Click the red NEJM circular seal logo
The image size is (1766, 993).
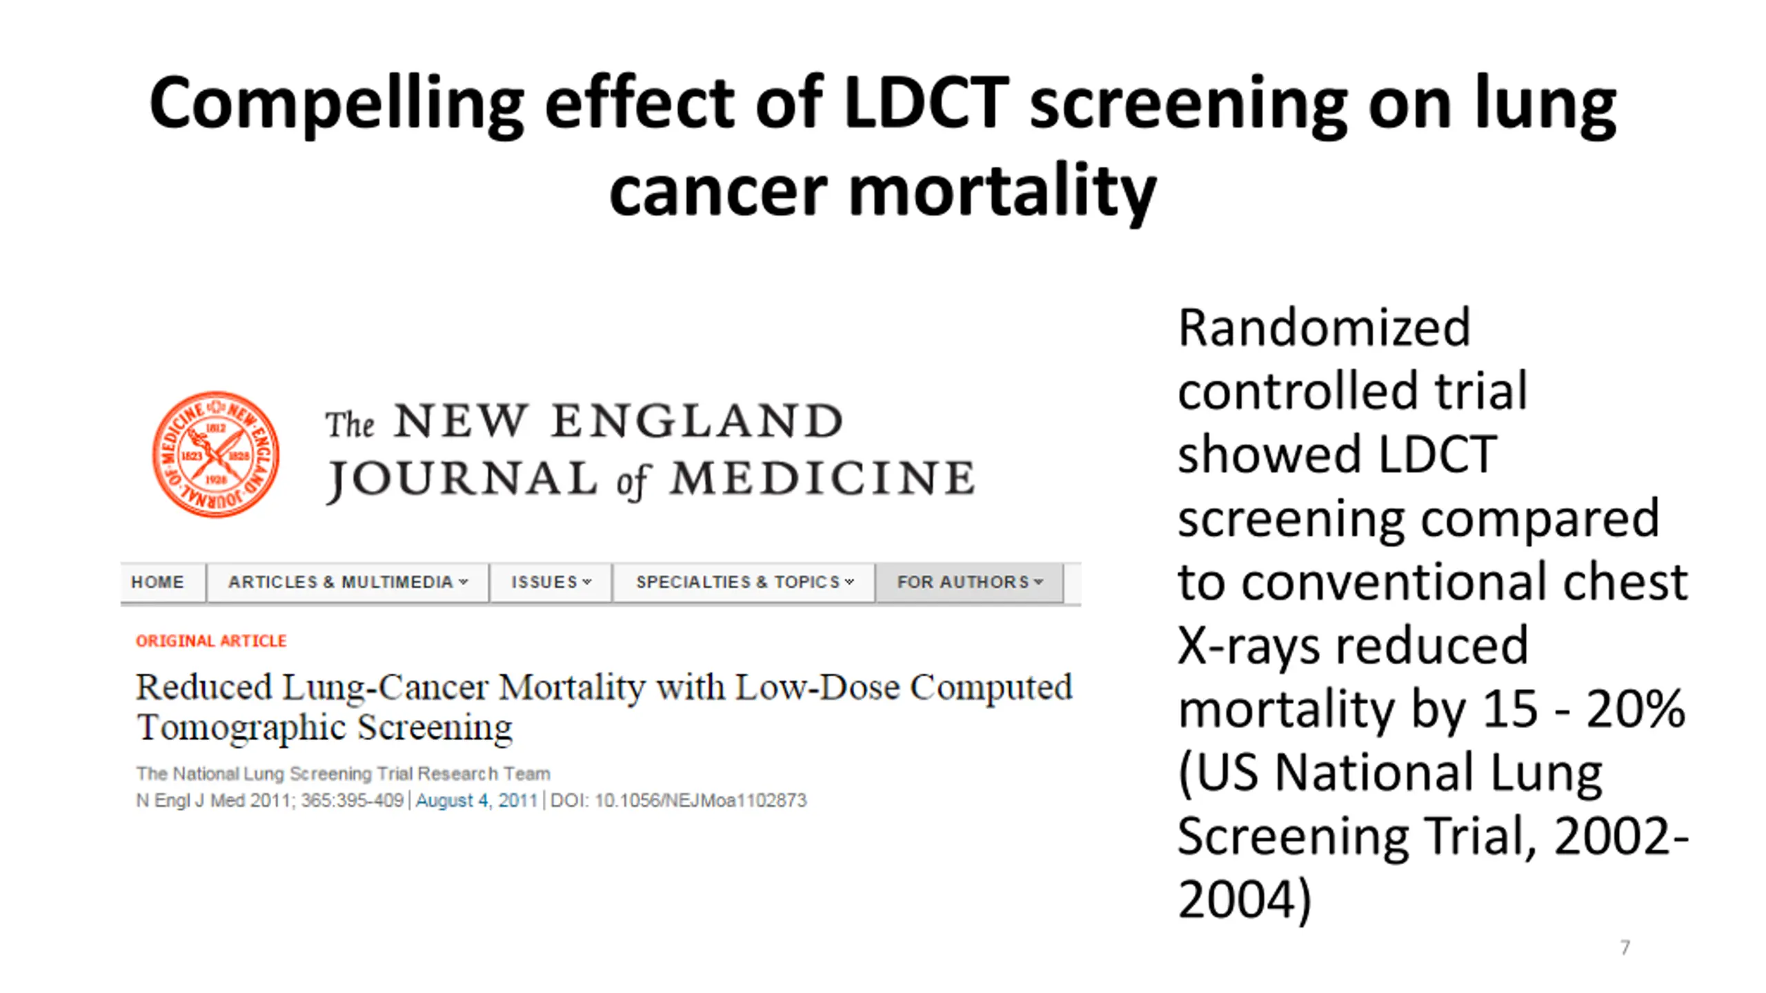point(215,454)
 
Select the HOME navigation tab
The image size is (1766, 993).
point(158,582)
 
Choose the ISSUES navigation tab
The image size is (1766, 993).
point(550,582)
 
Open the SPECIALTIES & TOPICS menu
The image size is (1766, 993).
point(744,582)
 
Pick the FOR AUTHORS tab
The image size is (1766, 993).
point(969,582)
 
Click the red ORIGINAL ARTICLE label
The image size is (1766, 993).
point(211,641)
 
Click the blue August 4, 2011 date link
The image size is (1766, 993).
point(476,801)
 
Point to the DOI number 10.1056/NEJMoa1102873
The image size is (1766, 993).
point(700,801)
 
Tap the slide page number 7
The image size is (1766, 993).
point(1625,947)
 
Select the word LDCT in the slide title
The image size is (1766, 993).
point(926,103)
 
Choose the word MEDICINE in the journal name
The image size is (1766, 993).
point(822,479)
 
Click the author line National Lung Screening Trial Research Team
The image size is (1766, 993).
point(343,774)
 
